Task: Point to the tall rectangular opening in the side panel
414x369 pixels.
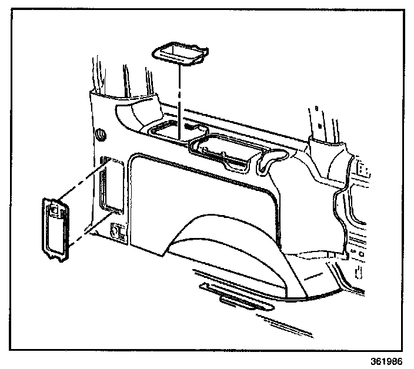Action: point(110,184)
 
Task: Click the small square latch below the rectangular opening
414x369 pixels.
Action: point(117,232)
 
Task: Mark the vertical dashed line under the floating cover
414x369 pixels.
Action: point(179,100)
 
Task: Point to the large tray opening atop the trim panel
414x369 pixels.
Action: point(226,150)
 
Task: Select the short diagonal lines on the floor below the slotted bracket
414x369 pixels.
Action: point(276,323)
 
